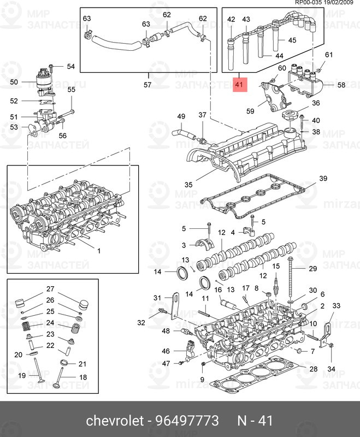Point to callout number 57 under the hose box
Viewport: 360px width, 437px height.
(147, 85)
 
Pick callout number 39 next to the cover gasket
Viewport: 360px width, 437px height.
(323, 179)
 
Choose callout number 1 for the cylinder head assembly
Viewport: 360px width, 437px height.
(99, 251)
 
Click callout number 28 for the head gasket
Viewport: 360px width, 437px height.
(313, 369)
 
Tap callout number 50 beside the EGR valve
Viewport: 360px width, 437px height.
(14, 82)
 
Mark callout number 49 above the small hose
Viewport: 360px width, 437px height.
(181, 116)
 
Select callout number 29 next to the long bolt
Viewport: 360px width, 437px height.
(312, 268)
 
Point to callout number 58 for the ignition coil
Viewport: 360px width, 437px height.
(341, 85)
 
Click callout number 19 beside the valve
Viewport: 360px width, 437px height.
(22, 375)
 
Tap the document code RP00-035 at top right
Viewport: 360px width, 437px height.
(310, 3)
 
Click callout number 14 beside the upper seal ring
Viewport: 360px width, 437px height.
(158, 272)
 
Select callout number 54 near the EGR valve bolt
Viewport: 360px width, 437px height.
(71, 67)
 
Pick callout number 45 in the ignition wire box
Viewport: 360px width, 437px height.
(292, 40)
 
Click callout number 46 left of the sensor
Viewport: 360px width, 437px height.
(166, 351)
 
